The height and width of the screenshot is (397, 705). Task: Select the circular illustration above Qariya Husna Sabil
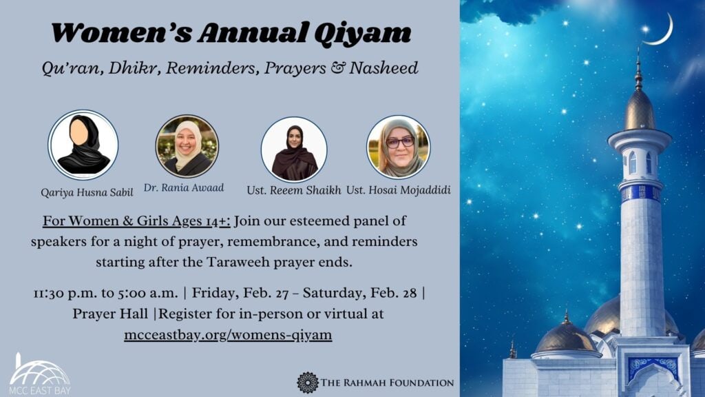[83, 145]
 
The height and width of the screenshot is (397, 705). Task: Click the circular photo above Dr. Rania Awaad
[187, 146]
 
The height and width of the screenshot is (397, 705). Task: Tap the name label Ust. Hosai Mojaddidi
[399, 190]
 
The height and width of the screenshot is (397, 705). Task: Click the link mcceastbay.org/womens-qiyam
[229, 335]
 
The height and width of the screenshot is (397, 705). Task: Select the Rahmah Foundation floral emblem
[307, 383]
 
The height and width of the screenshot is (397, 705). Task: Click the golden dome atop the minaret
[639, 110]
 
